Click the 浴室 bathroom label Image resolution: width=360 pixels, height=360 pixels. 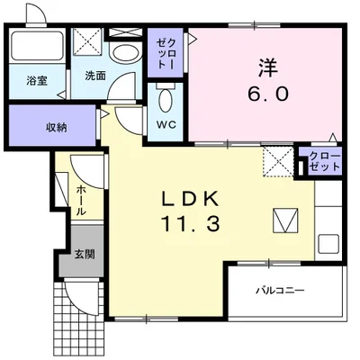tap(37, 81)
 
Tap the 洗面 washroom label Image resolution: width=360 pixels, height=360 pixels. tap(95, 76)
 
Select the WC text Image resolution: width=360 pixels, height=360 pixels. tap(166, 125)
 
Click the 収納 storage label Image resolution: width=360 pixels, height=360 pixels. tap(57, 128)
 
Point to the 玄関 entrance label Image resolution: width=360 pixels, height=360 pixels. tap(85, 255)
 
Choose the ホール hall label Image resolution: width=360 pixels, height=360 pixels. tap(81, 201)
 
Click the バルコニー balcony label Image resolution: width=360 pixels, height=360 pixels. tap(280, 291)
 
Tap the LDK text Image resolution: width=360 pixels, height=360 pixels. tap(190, 199)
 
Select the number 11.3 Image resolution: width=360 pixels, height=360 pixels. tap(191, 224)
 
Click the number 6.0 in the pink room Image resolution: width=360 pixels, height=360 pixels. tap(268, 94)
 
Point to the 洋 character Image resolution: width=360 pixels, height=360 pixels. tap(268, 67)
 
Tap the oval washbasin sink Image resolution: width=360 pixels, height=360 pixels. tap(125, 54)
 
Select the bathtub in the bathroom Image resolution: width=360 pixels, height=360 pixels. tap(37, 45)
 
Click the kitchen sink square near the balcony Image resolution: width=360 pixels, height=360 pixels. tap(328, 244)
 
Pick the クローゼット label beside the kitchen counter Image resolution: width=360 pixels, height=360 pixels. tap(325, 161)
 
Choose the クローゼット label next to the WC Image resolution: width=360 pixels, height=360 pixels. tap(166, 54)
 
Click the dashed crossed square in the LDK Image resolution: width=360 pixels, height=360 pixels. tap(278, 162)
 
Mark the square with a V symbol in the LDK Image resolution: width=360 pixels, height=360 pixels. tap(285, 220)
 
